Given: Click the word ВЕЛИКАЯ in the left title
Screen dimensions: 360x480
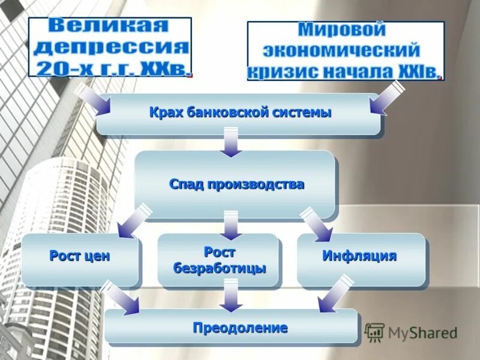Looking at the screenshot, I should click(110, 27).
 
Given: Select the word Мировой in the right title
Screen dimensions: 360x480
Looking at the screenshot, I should click(342, 29).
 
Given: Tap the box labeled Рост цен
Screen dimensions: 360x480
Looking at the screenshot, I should click(80, 257).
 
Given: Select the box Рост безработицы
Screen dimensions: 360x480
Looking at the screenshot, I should click(218, 260).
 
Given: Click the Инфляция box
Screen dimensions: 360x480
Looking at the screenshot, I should click(360, 257).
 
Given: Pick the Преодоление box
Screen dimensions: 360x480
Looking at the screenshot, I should click(232, 328).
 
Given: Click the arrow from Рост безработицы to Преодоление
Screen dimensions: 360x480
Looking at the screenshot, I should click(229, 297).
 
